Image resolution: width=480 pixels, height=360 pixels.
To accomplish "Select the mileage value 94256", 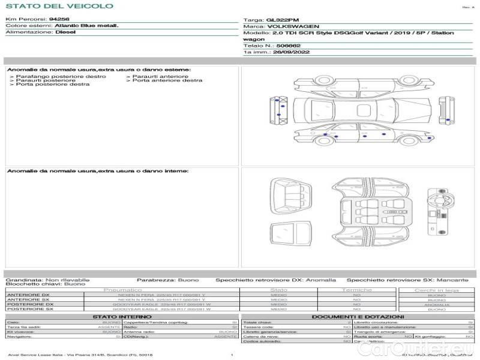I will coord(59,19).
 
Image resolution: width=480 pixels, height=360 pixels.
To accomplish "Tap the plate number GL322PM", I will coord(281,20).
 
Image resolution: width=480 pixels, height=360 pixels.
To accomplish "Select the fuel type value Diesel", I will coord(65,32).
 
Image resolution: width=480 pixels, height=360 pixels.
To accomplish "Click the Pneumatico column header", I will coord(123,290).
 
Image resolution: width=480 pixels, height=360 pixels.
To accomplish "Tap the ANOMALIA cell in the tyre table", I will coord(436,305).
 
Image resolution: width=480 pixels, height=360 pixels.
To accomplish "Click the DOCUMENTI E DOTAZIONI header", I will coord(358,316).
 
